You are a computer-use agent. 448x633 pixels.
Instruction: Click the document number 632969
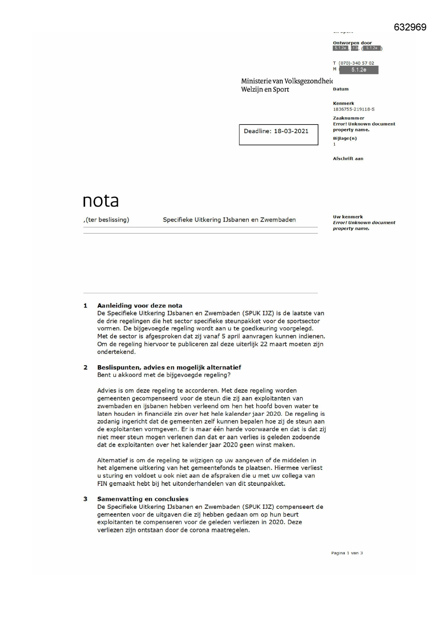[410, 27]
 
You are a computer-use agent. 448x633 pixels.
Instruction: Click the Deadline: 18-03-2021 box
[278, 135]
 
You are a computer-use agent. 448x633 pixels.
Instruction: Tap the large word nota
[101, 201]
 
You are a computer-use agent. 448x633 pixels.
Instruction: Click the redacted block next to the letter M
[358, 70]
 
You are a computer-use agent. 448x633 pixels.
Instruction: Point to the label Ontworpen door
[352, 43]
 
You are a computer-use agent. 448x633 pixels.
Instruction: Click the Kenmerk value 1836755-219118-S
[353, 109]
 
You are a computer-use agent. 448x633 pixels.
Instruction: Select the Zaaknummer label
[348, 118]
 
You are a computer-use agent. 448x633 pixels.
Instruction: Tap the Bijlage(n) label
[344, 138]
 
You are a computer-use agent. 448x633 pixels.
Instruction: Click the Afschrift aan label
[348, 158]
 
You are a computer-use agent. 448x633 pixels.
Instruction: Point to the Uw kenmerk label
[348, 217]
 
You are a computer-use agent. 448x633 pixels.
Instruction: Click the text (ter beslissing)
[107, 220]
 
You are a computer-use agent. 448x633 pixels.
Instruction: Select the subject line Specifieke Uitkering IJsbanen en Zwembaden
[229, 220]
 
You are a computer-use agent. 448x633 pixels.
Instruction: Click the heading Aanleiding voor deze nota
[139, 306]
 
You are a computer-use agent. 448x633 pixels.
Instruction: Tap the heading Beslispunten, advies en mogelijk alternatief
[169, 367]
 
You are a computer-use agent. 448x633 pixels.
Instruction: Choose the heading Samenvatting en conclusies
[143, 499]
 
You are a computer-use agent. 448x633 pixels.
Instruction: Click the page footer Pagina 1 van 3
[347, 553]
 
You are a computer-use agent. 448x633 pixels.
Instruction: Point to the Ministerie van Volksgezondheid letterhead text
[287, 81]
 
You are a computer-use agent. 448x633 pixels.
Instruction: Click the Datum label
[340, 89]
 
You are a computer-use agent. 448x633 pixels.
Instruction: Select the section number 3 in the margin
[85, 499]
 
